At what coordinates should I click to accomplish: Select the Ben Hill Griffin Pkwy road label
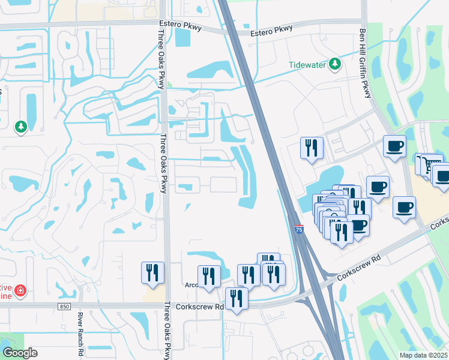pyautogui.click(x=364, y=64)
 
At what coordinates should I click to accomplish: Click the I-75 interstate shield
pyautogui.click(x=299, y=229)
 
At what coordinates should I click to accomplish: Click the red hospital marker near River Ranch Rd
pyautogui.click(x=21, y=291)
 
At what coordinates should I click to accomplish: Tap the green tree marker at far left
pyautogui.click(x=21, y=127)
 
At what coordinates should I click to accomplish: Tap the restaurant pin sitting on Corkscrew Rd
pyautogui.click(x=237, y=298)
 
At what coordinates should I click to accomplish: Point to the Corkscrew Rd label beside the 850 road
pyautogui.click(x=200, y=306)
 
